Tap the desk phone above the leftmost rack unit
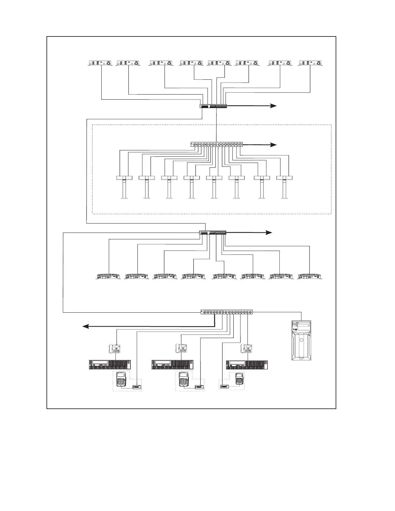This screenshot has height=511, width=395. (115, 349)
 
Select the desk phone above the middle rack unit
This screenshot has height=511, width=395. (181, 348)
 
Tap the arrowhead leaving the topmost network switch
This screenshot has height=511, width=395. (274, 105)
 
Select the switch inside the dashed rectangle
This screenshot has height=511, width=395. (217, 145)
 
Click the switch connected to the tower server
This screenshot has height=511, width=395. (227, 312)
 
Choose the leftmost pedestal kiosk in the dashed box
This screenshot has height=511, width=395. (124, 187)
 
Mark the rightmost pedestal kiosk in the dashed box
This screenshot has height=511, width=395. (285, 187)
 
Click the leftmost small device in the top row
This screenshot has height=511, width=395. (100, 63)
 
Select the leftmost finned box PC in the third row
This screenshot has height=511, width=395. (109, 276)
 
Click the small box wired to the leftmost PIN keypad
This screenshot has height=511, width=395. (137, 387)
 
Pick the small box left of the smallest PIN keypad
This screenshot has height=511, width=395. (224, 386)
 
